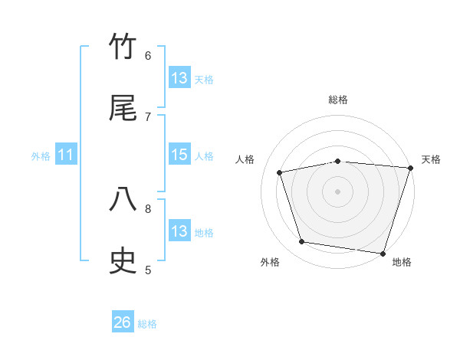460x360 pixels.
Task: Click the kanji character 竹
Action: click(123, 47)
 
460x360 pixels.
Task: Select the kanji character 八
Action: click(123, 201)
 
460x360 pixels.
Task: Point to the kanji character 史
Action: click(123, 261)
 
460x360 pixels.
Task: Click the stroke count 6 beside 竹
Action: click(148, 55)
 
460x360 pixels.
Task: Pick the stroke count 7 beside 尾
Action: click(148, 116)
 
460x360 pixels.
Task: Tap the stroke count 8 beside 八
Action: click(148, 208)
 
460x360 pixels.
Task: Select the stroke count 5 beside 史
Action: click(148, 270)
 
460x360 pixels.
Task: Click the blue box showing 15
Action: click(179, 155)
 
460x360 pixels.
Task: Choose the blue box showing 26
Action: click(123, 322)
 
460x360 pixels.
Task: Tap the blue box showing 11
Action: click(66, 155)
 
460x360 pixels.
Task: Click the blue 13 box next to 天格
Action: click(179, 78)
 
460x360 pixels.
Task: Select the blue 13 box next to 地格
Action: click(179, 231)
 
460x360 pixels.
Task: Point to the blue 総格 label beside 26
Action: click(147, 324)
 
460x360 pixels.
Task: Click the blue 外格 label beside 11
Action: click(41, 156)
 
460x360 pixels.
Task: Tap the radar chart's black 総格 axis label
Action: click(338, 100)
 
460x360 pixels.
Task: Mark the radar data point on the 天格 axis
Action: click(409, 169)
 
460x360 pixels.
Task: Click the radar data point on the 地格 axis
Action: click(383, 253)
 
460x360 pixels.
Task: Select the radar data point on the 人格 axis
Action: click(280, 172)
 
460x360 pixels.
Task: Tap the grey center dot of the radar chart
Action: click(338, 191)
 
